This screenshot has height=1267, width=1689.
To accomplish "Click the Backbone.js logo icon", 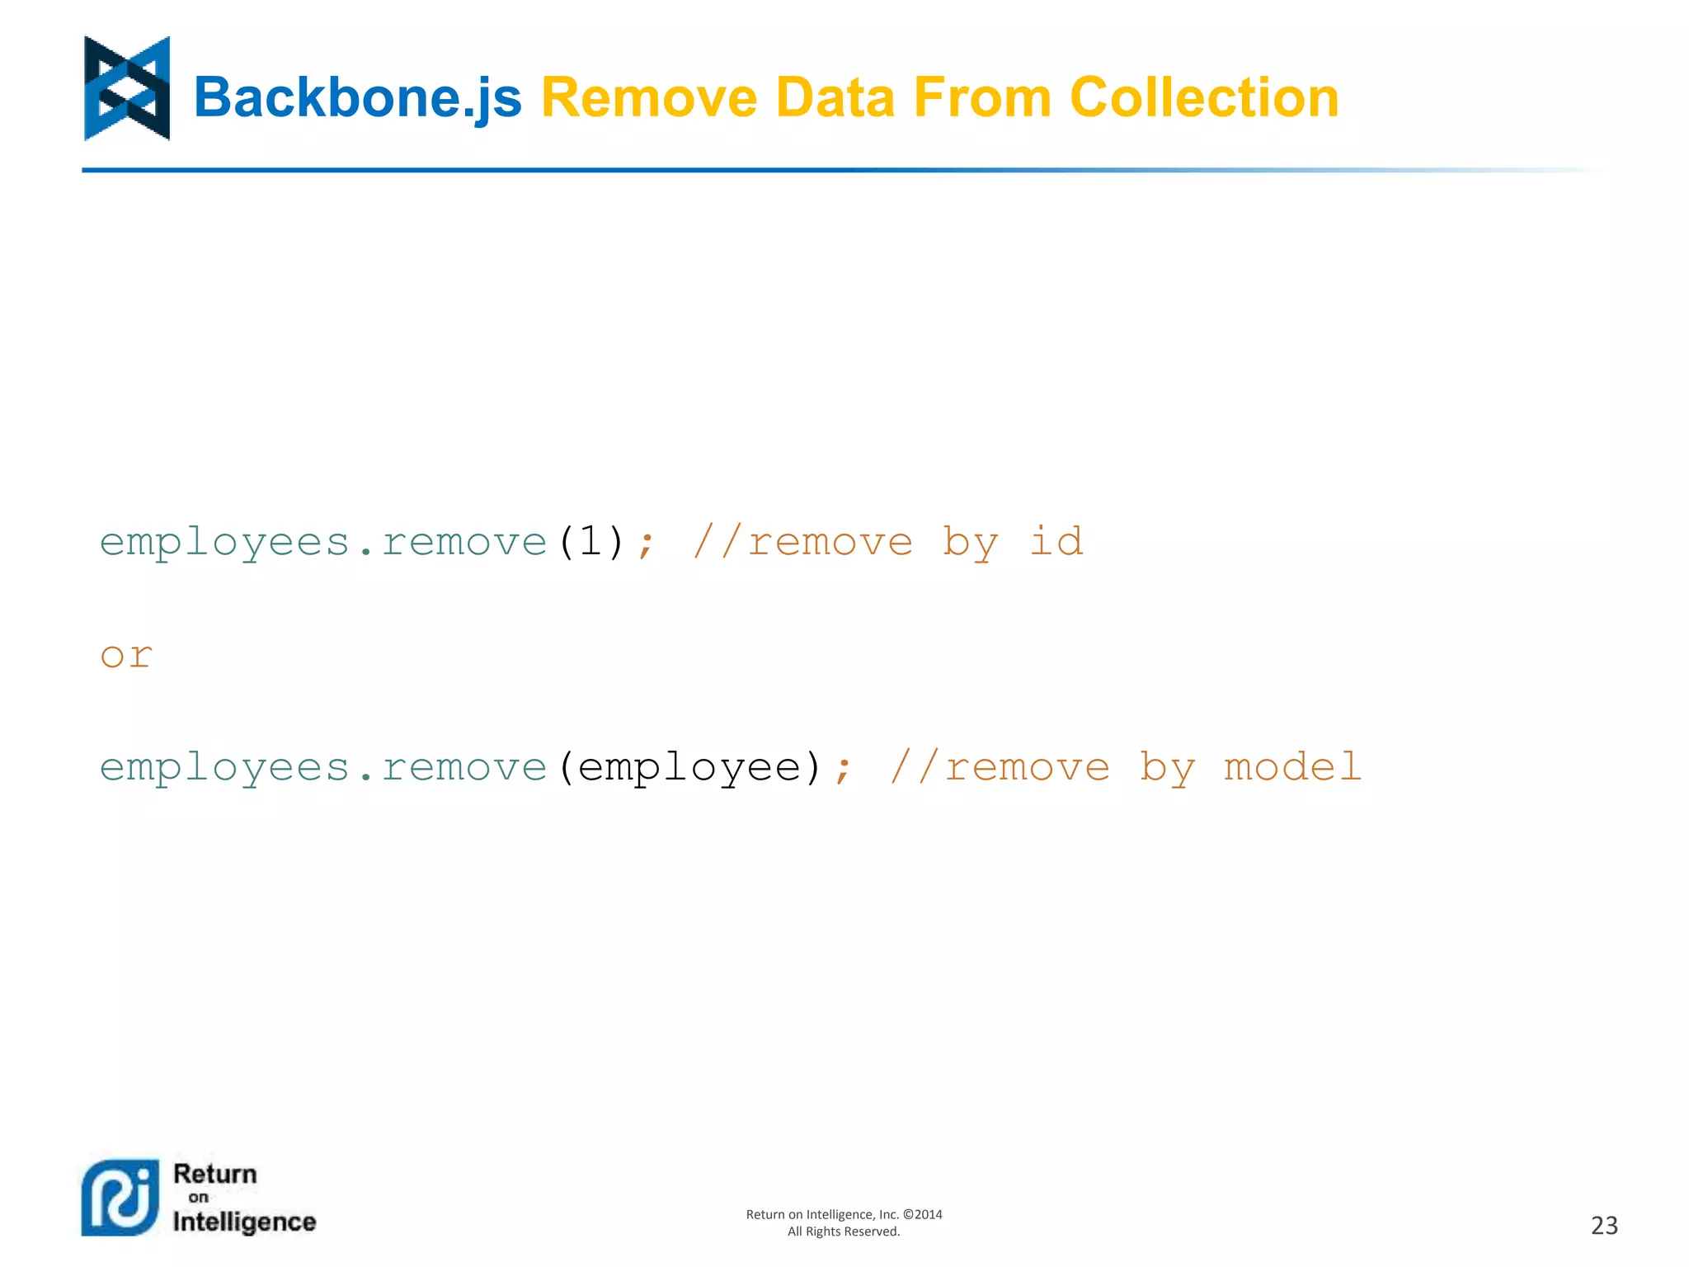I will pyautogui.click(x=127, y=88).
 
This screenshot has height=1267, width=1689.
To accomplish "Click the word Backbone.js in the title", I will pyautogui.click(x=357, y=98).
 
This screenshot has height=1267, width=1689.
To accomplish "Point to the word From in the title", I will pyautogui.click(x=982, y=98).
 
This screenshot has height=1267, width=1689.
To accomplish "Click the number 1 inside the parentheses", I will pyautogui.click(x=590, y=542).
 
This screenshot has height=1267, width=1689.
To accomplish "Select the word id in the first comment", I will pyautogui.click(x=1056, y=542).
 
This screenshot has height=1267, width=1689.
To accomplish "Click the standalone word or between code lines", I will pyautogui.click(x=126, y=656).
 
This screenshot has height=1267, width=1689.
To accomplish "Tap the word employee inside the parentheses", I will pyautogui.click(x=689, y=768).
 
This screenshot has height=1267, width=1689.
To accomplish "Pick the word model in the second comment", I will pyautogui.click(x=1291, y=768).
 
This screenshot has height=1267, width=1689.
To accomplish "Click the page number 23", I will pyautogui.click(x=1604, y=1226).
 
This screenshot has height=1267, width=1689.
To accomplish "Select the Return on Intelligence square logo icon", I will pyautogui.click(x=120, y=1198).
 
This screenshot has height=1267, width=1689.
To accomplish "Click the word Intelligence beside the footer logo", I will pyautogui.click(x=244, y=1222).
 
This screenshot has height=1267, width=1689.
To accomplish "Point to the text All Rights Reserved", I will pyautogui.click(x=843, y=1232).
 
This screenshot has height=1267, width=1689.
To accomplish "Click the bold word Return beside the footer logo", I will pyautogui.click(x=215, y=1174).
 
